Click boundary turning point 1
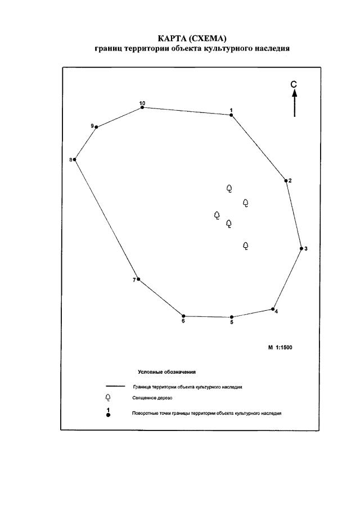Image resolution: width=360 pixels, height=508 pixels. point(231,115)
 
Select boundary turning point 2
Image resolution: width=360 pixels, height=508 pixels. point(286,181)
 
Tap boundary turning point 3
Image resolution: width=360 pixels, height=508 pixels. point(301,248)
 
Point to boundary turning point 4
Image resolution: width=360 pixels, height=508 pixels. point(273,309)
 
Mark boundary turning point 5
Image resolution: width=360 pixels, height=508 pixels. point(232,317)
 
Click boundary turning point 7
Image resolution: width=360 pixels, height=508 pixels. point(138,279)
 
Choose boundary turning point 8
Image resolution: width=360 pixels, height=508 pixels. point(75,160)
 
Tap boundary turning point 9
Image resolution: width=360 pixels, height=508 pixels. point(97,128)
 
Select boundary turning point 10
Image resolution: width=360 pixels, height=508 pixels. point(142,107)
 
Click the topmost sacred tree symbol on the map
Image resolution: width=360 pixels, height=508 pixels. point(229,188)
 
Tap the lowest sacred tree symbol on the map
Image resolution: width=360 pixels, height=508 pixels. point(246,246)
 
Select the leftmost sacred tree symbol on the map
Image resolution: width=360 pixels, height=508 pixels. point(217,215)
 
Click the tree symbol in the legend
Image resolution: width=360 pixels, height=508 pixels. point(108,398)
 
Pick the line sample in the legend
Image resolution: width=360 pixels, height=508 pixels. point(115,387)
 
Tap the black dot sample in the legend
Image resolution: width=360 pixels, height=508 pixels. point(108,415)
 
